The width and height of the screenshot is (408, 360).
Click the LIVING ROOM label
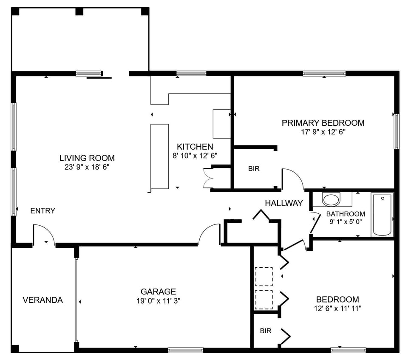click(87, 158)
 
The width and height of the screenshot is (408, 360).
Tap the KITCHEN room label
click(195, 147)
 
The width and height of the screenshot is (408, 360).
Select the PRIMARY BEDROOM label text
click(323, 123)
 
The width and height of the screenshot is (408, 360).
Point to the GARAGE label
click(158, 292)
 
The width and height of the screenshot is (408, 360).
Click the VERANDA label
click(42, 300)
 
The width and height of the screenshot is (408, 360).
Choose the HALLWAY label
click(284, 203)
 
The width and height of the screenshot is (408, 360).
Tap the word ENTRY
click(42, 211)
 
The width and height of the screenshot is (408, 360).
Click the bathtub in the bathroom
click(382, 215)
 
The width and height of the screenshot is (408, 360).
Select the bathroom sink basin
click(331, 199)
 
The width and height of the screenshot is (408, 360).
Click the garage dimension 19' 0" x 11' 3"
click(158, 300)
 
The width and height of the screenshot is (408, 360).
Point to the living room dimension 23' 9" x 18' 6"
click(87, 167)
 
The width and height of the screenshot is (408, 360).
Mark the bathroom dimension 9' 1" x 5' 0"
click(346, 221)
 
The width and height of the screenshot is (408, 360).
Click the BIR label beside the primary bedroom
click(254, 169)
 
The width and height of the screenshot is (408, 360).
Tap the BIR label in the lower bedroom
click(266, 331)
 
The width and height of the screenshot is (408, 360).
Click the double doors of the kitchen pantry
click(208, 178)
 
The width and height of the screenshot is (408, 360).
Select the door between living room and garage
click(209, 235)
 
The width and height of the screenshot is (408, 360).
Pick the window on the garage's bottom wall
click(185, 350)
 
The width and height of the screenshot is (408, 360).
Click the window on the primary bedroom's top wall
click(324, 74)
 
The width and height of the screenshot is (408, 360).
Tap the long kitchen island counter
click(159, 156)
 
